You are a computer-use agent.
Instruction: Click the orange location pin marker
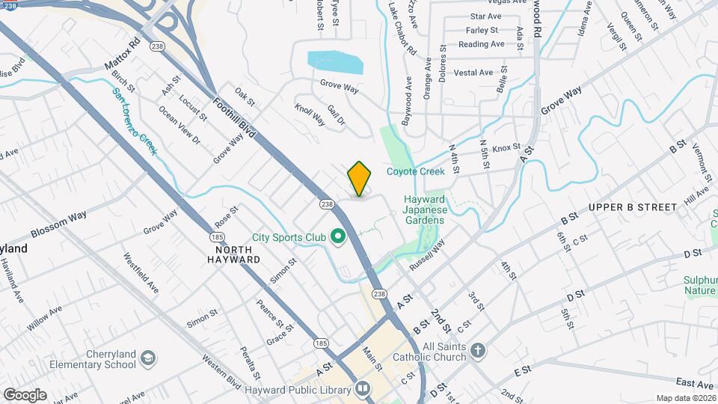[359, 178]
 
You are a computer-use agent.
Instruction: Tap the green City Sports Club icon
[337, 238]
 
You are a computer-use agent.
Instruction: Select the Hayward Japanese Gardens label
[425, 209]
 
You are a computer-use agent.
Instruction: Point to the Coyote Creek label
[415, 171]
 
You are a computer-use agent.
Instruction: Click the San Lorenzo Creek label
[135, 122]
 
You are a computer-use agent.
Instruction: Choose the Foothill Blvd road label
[233, 118]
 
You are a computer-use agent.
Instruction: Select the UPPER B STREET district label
[632, 206]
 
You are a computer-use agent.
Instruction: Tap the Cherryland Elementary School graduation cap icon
[147, 358]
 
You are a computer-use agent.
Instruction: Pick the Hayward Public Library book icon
[363, 388]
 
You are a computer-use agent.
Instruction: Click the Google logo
[25, 394]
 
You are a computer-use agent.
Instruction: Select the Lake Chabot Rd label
[402, 29]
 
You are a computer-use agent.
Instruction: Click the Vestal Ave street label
[473, 73]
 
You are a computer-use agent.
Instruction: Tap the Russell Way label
[427, 255]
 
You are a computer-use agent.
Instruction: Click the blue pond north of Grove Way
[335, 62]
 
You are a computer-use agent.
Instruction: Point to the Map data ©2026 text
[685, 398]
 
